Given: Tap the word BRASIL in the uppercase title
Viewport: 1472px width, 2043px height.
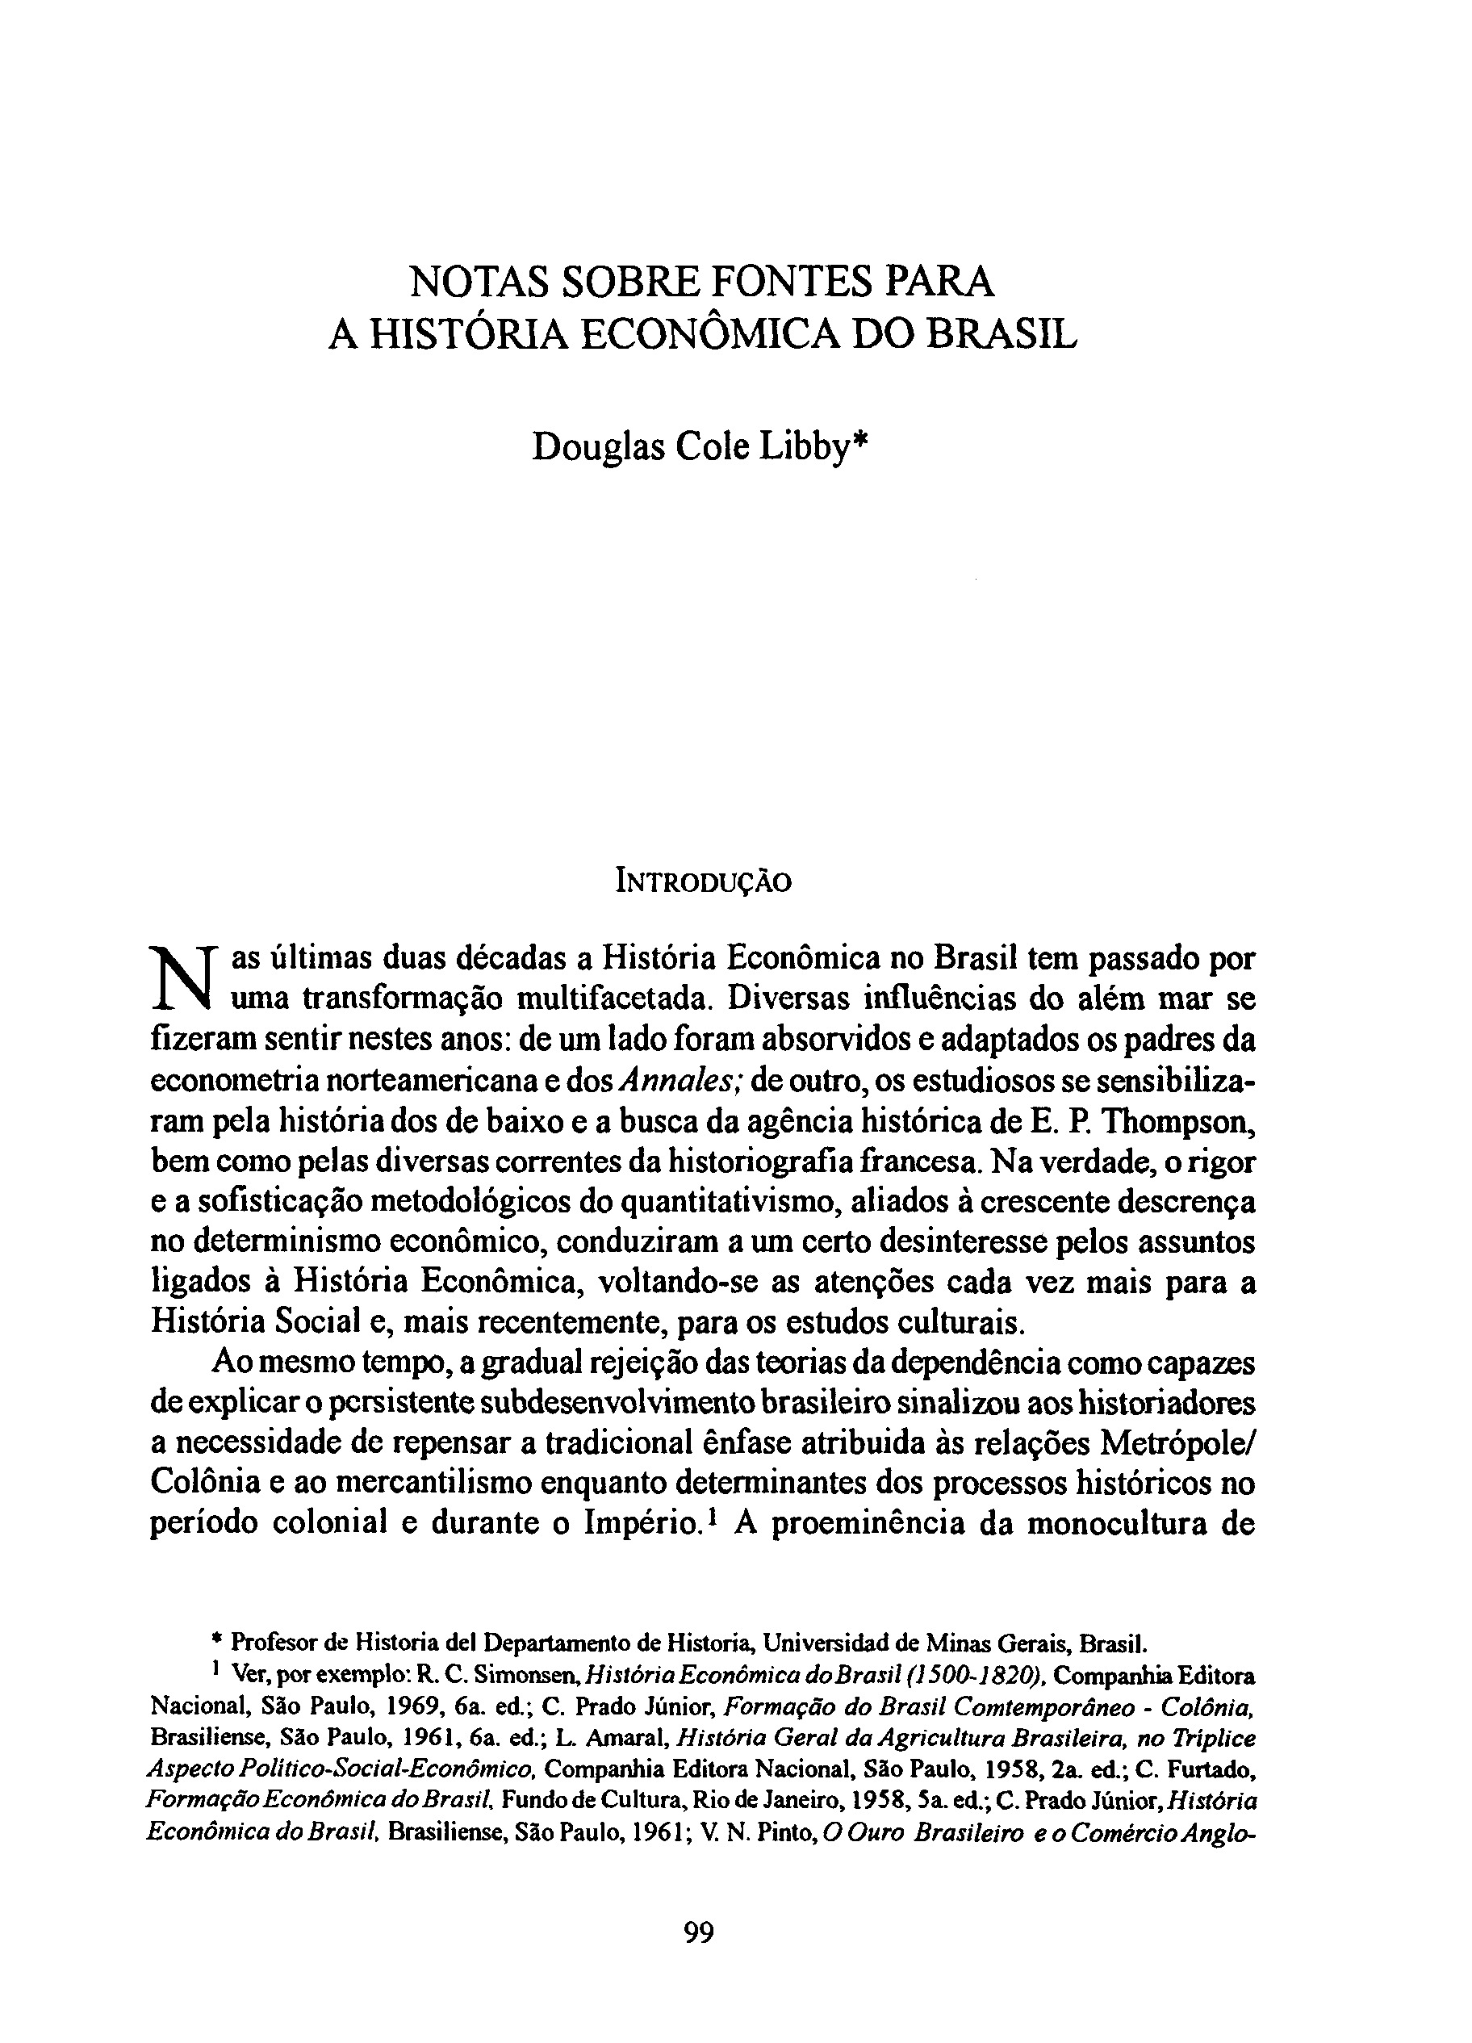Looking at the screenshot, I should (x=1002, y=335).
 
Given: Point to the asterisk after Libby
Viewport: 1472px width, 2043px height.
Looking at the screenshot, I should (x=859, y=440).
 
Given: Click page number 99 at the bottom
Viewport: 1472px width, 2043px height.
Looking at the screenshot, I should (x=699, y=1934).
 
